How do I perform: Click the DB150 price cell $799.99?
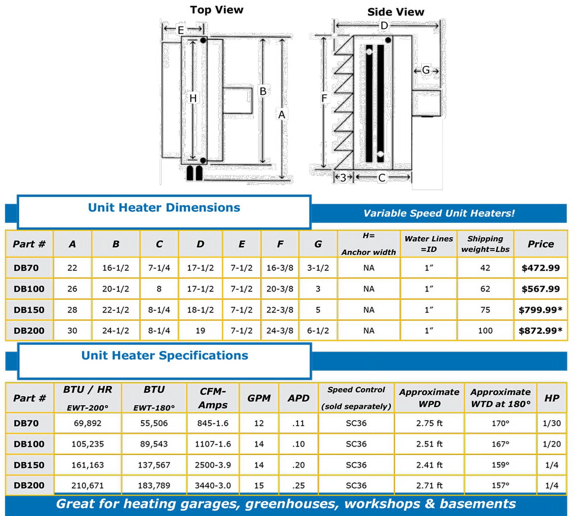(x=540, y=310)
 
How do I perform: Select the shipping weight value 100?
(x=485, y=331)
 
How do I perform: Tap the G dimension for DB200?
(x=318, y=331)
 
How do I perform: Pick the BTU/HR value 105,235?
(x=88, y=444)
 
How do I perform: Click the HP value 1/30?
(x=552, y=423)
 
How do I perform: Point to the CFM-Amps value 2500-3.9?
(x=213, y=465)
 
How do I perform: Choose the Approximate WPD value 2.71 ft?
(x=429, y=485)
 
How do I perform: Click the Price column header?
(x=540, y=244)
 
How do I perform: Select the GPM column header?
(x=259, y=398)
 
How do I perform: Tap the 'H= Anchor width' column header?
(x=369, y=244)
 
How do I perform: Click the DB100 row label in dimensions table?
(x=29, y=289)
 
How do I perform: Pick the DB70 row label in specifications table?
(x=26, y=423)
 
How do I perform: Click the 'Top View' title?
(x=216, y=10)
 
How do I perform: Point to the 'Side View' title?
(x=395, y=12)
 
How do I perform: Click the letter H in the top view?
(x=193, y=98)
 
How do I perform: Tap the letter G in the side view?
(x=426, y=70)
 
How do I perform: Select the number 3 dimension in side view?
(x=343, y=177)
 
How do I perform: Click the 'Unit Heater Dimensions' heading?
(x=164, y=208)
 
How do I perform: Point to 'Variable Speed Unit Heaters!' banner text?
(x=439, y=213)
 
